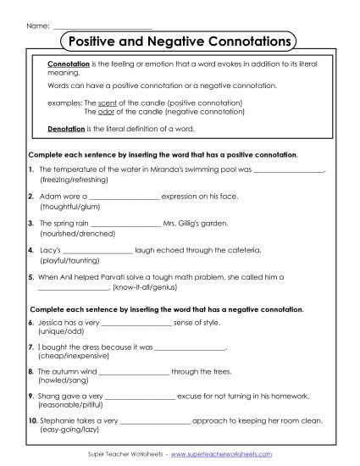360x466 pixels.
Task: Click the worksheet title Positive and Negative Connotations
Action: tap(180, 41)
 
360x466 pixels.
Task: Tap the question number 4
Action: tap(30, 251)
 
